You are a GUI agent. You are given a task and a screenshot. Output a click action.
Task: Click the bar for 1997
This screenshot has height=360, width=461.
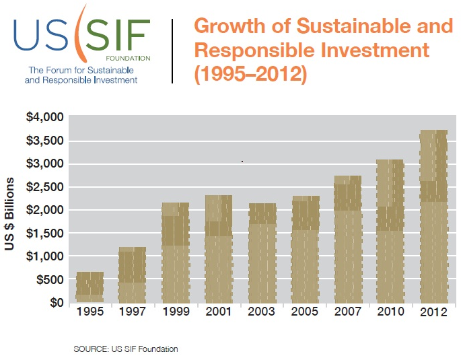132,275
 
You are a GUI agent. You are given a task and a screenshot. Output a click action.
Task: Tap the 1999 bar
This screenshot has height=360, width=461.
175,252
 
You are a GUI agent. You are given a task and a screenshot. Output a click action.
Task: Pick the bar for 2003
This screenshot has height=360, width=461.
262,253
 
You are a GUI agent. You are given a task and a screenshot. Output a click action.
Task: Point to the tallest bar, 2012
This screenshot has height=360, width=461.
433,216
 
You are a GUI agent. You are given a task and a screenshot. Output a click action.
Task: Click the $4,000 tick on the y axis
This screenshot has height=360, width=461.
44,117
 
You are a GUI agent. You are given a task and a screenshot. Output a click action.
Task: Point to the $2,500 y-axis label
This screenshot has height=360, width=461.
44,186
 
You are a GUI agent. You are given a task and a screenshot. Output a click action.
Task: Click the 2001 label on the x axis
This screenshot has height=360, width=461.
218,313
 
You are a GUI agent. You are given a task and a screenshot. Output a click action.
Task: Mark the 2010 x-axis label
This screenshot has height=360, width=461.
390,313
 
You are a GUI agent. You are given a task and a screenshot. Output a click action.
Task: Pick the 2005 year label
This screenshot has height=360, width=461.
305,313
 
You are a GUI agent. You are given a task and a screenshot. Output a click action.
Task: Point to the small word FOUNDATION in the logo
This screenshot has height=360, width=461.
131,59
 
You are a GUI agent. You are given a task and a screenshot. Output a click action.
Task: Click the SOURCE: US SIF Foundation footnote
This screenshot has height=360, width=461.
126,349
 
